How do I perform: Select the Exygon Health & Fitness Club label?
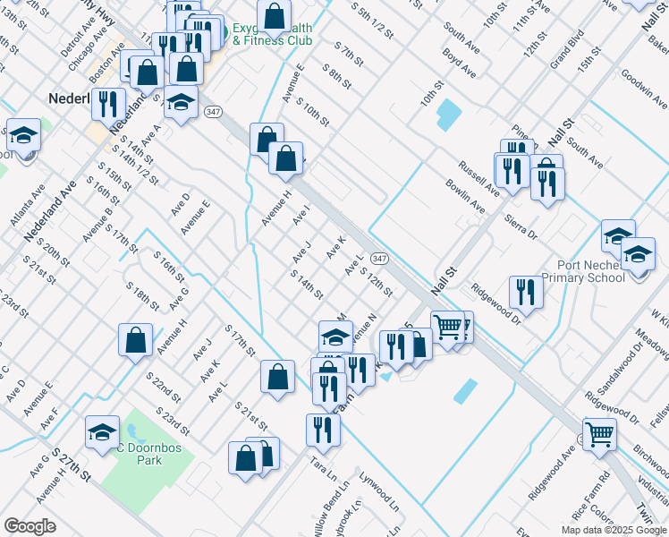point(273,35)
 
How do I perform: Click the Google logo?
point(30,526)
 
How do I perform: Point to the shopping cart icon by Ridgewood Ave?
point(599,434)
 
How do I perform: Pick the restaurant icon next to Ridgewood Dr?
point(525,292)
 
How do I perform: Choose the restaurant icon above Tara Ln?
point(323,430)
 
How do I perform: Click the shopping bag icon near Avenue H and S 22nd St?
point(135,340)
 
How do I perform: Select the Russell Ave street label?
point(478,177)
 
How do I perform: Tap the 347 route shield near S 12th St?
point(379,258)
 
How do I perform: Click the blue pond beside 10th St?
point(447,114)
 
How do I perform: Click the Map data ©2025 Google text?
point(613,530)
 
